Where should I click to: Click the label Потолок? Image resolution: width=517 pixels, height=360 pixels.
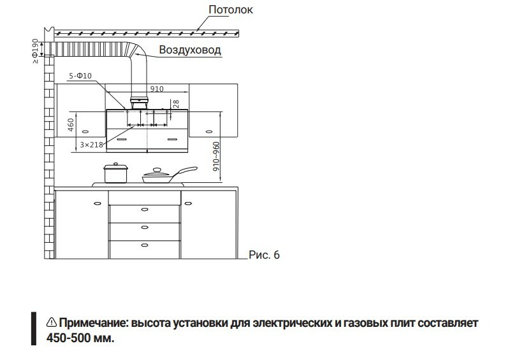230,10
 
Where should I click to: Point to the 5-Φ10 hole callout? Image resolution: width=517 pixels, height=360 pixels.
81,76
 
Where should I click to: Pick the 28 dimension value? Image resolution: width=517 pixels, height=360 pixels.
174,103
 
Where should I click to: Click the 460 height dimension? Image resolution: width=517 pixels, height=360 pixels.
71,124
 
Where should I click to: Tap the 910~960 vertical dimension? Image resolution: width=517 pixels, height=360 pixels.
216,157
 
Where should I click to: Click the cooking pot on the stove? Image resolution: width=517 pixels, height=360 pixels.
116,173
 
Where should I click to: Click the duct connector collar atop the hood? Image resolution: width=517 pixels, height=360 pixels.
139,101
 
